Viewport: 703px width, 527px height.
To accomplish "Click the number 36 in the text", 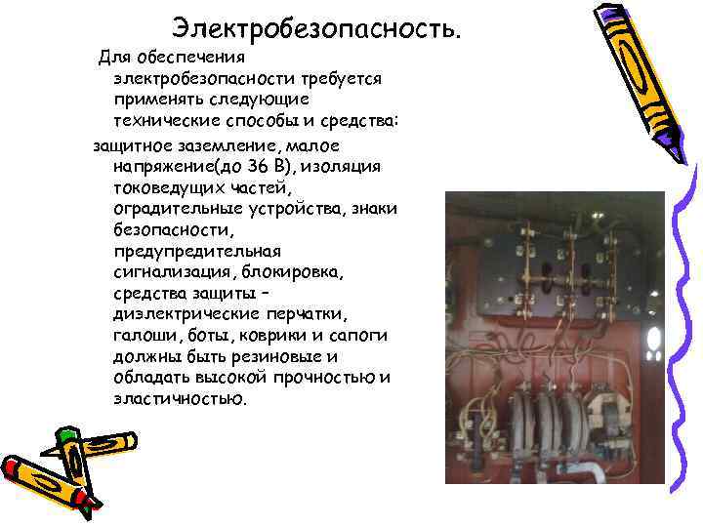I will tap(261, 167).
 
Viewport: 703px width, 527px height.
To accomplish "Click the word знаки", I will tap(374, 209).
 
